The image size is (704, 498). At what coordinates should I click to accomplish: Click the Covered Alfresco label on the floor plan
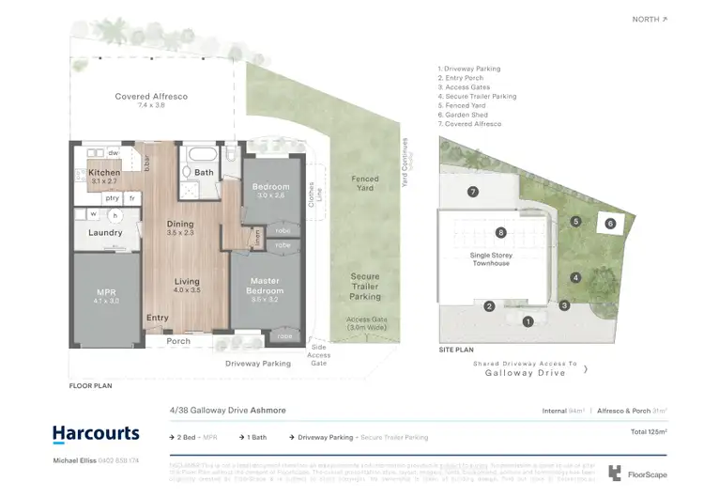click(139, 97)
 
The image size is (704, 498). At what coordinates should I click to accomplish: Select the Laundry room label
click(105, 232)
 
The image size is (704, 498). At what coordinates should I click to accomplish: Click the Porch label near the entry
click(178, 341)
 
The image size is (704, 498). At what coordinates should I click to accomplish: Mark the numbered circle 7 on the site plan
click(473, 192)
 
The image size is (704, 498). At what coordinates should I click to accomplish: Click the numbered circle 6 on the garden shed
click(610, 224)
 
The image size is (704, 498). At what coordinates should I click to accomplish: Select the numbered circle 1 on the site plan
click(528, 321)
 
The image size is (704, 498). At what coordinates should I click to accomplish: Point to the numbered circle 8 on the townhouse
click(501, 232)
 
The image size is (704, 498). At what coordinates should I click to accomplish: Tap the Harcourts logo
click(95, 434)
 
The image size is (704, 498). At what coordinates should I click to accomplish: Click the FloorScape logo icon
click(616, 473)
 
